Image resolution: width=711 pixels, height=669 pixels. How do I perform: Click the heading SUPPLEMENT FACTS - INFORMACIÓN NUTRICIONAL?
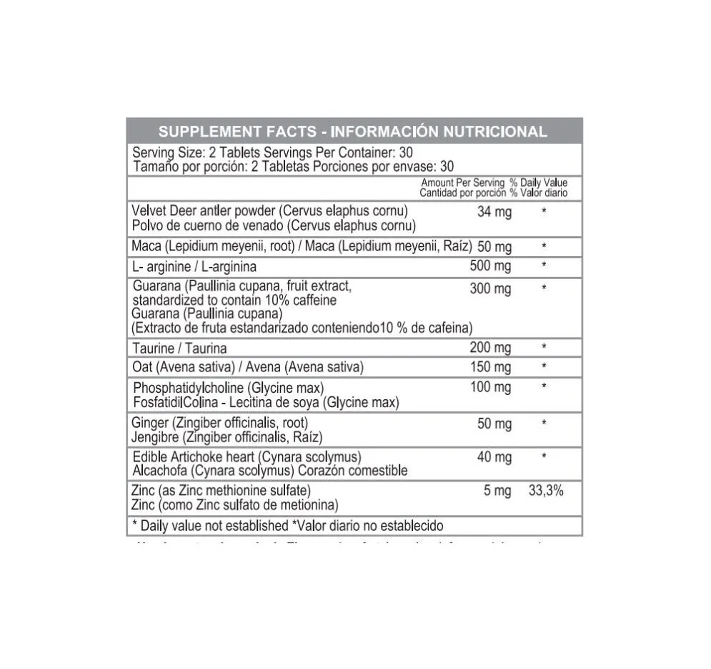[x=352, y=132]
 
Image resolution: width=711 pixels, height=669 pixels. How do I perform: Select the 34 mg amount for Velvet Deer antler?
[x=494, y=213]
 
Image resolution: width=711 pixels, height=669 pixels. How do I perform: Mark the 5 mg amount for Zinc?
[x=497, y=492]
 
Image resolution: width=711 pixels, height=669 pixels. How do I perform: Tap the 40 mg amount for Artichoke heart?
[x=494, y=457]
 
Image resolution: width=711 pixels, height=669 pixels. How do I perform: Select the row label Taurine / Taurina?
[x=179, y=348]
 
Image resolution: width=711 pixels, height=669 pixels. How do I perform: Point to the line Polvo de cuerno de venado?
[x=274, y=226]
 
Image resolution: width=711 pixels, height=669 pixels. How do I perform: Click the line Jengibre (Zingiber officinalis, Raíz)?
[x=228, y=436]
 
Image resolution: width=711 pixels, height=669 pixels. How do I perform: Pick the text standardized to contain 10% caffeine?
[x=234, y=301]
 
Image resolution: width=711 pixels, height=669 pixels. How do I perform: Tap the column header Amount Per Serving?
[x=462, y=183]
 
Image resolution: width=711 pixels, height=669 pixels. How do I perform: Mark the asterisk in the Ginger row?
[x=545, y=424]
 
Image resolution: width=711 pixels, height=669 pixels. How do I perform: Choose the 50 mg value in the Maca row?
[x=494, y=247]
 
